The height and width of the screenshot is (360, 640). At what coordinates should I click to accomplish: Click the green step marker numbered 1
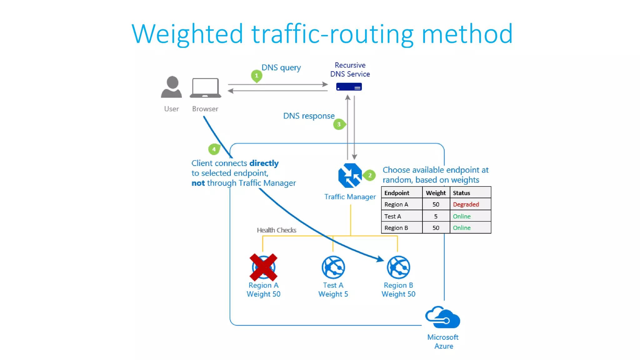pos(257,76)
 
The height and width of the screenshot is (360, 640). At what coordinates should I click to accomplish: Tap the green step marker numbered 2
pos(370,175)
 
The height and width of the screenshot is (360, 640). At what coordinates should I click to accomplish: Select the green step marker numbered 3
pos(339,124)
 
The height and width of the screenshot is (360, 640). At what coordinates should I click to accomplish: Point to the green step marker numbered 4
pos(214,149)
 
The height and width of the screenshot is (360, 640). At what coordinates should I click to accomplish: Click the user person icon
pos(172,87)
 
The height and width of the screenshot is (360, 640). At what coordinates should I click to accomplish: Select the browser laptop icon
pos(205,88)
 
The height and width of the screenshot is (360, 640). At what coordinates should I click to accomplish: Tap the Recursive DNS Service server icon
pos(349,87)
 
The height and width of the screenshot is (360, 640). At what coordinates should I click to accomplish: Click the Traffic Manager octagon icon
pos(350,175)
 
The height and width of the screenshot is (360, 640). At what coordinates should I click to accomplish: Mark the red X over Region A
pos(263,267)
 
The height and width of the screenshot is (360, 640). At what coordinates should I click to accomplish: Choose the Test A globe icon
pos(333,267)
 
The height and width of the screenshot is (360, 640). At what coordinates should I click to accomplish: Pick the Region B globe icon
pos(398,267)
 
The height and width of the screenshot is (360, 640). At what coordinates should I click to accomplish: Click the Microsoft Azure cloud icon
pos(442,317)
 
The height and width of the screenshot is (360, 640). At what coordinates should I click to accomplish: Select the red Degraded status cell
pos(466,204)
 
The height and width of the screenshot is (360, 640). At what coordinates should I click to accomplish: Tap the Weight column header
pos(436,193)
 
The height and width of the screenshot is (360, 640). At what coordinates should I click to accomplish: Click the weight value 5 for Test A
pos(436,216)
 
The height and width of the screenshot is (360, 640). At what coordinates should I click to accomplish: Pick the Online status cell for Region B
pos(462,228)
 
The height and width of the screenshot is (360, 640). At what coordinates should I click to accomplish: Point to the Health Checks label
pos(276,230)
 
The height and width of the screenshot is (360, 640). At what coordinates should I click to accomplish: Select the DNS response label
pos(309,116)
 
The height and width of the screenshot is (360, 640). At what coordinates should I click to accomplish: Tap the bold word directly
pos(264,163)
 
